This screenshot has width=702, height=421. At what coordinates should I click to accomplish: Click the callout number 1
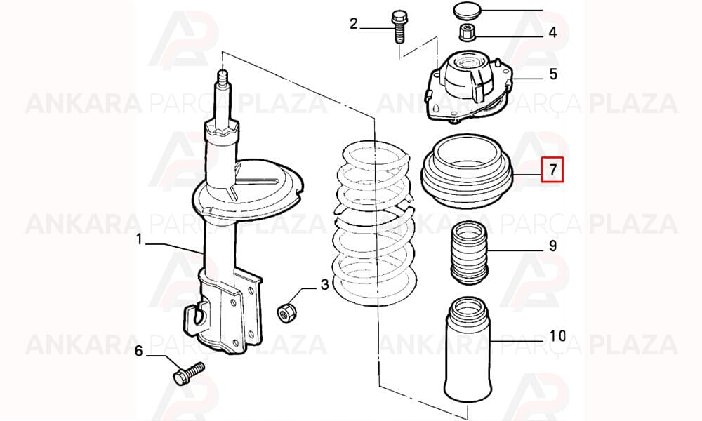click(139, 240)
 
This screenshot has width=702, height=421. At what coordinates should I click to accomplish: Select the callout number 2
click(354, 24)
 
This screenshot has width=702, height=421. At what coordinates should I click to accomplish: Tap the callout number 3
click(324, 285)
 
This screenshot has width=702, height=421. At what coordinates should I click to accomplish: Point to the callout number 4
click(553, 32)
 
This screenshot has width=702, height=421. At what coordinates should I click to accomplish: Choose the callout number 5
click(553, 74)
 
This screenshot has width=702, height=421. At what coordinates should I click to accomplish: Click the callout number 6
click(139, 351)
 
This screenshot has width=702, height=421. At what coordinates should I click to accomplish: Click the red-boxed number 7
click(553, 170)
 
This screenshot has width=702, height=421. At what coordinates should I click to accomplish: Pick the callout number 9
click(553, 246)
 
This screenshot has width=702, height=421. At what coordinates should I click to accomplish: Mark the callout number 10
click(558, 335)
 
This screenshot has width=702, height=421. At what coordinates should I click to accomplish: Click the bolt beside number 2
click(399, 27)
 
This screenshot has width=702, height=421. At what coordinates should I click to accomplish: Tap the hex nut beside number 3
click(285, 312)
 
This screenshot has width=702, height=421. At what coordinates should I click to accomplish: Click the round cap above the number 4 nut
click(467, 11)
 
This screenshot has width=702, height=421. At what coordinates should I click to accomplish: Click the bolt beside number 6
click(189, 374)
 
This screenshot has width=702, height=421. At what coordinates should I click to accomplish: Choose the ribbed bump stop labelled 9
click(468, 253)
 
